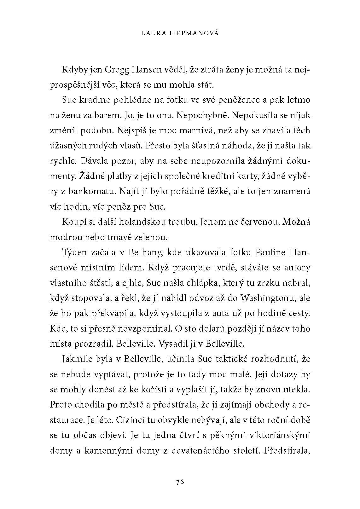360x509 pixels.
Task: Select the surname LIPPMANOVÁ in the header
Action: tap(195, 33)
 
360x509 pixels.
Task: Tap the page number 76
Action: tap(180, 482)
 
